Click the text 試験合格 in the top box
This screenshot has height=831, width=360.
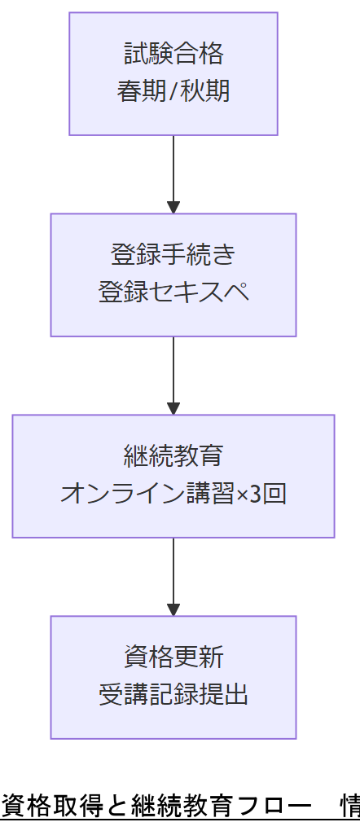point(173,55)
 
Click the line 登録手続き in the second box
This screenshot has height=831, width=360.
point(173,255)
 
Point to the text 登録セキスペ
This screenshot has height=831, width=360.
point(173,292)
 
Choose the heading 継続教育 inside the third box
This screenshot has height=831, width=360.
point(173,456)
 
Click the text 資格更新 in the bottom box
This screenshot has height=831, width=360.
point(173,657)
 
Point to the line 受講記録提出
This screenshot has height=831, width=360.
point(173,694)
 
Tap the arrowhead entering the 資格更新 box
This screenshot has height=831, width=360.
point(173,609)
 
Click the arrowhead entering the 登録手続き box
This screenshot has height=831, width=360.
point(173,207)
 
